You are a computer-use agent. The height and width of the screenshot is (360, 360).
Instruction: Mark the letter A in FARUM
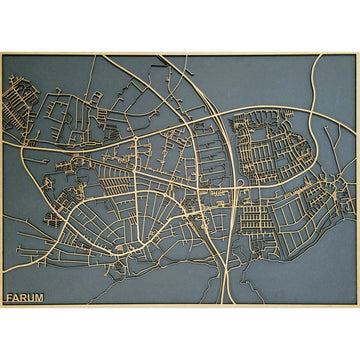(17, 297)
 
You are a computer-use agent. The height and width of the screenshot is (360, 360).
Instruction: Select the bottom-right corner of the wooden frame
(357, 306)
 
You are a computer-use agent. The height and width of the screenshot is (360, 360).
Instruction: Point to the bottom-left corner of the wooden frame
(2, 306)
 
